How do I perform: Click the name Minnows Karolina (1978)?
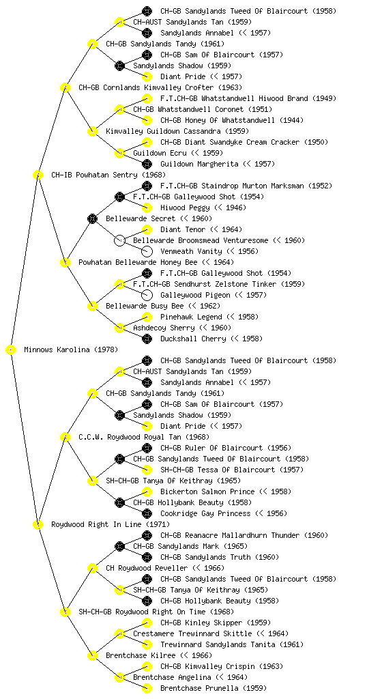(x=71, y=350)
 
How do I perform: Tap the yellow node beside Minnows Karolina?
(x=11, y=350)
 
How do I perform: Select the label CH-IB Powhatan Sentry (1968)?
(x=108, y=175)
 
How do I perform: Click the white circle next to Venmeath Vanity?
(x=147, y=251)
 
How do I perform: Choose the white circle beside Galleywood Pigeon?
(x=147, y=295)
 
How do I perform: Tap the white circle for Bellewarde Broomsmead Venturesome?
(x=119, y=241)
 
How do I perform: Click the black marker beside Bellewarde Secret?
(x=92, y=219)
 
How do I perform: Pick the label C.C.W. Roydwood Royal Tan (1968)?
(x=144, y=438)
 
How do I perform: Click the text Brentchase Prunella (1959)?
(x=214, y=688)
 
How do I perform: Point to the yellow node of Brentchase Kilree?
(x=92, y=656)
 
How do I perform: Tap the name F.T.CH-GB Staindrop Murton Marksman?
(x=232, y=186)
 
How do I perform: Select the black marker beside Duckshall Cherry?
(x=147, y=339)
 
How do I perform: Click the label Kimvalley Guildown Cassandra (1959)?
(x=177, y=132)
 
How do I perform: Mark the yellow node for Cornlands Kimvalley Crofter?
(x=65, y=88)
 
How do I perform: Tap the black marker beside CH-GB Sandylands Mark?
(x=119, y=547)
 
